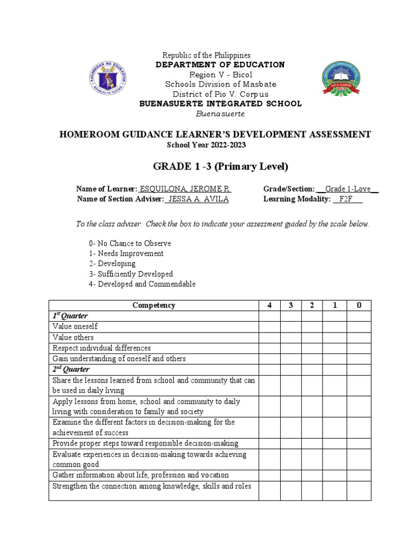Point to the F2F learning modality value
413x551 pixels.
coord(348,199)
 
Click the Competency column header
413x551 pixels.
coord(154,305)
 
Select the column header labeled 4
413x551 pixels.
coord(269,305)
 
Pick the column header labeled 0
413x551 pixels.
coord(359,305)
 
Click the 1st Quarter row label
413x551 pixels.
coord(70,316)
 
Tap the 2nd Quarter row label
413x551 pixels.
coord(71,369)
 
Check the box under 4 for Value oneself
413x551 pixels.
coord(269,327)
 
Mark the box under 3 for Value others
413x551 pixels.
coord(290,337)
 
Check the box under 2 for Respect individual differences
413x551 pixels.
coord(312,348)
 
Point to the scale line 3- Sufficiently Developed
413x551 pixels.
coord(131,274)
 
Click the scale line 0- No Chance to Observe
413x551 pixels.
coord(130,243)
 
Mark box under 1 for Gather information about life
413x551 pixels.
coord(334,475)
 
